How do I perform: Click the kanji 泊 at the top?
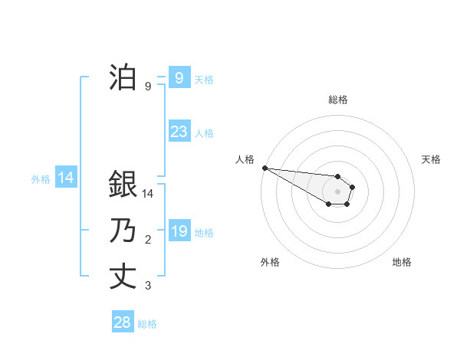point(123,77)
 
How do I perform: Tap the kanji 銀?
point(123,184)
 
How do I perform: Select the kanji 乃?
point(123,231)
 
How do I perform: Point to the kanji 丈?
point(123,277)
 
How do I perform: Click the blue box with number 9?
point(179,78)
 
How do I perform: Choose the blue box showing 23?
point(179,132)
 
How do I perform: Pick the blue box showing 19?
point(179,231)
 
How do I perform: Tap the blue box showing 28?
point(123,322)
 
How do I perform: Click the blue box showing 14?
point(66,178)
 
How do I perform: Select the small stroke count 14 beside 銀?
point(149,195)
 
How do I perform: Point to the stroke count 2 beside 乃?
point(148,241)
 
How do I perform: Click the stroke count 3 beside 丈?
point(148,286)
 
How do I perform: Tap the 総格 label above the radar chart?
point(337,100)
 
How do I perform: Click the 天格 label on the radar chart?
point(431,159)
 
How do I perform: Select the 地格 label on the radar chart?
point(402,262)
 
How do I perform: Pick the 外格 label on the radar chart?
point(270,262)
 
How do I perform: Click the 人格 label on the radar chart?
point(245,159)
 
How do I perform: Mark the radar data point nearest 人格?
point(264,168)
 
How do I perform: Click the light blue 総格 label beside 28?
point(147,324)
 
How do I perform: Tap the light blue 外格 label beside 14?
point(41,179)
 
